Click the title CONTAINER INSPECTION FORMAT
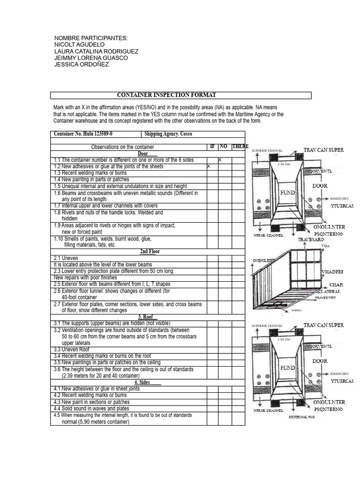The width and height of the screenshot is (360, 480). tap(166, 95)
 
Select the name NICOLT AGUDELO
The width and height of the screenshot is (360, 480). tap(80, 45)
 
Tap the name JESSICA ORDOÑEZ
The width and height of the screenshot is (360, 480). tap(82, 64)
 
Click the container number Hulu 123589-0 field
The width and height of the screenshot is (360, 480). tap(83, 134)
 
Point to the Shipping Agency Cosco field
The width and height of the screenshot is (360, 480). tap(168, 134)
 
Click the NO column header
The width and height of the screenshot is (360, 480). tap(224, 147)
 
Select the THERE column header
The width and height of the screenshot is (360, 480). tap(240, 147)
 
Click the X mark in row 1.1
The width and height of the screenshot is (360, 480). tap(220, 160)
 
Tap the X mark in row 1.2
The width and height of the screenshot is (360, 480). tap(209, 166)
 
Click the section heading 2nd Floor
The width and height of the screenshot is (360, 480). tap(150, 251)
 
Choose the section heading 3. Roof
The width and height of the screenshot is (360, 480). tap(147, 317)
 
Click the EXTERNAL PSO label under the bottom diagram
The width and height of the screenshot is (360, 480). tap(302, 417)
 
